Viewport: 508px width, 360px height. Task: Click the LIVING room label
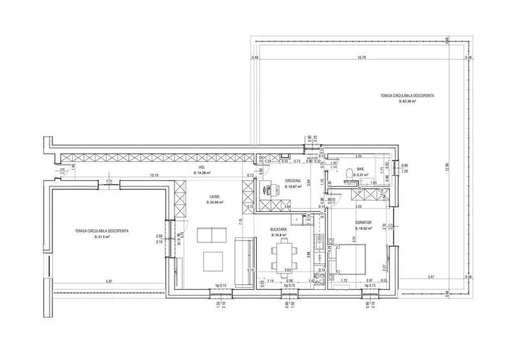(x=214, y=197)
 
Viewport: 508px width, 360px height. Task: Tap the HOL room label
(x=201, y=168)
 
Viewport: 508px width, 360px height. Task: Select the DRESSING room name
(x=293, y=181)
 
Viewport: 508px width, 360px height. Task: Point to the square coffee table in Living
(x=213, y=261)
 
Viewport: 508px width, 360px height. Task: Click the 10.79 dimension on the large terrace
(x=362, y=58)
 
